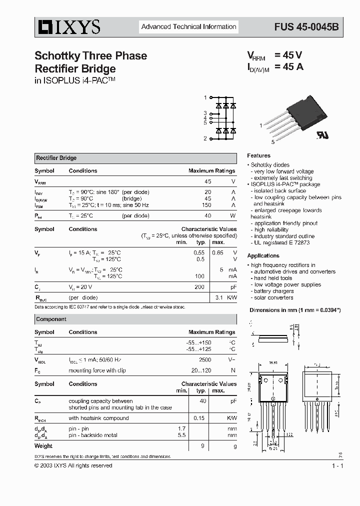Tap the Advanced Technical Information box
pyautogui.click(x=188, y=26)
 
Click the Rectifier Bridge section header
pyautogui.click(x=56, y=158)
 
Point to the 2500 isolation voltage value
pyautogui.click(x=205, y=359)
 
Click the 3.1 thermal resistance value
pyautogui.click(x=218, y=297)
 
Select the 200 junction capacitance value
pyautogui.click(x=199, y=287)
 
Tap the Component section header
pyautogui.click(x=51, y=319)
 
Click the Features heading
pyautogui.click(x=258, y=155)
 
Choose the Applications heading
pyautogui.click(x=263, y=255)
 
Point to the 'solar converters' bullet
pyautogui.click(x=273, y=297)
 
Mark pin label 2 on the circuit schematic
pyautogui.click(x=205, y=138)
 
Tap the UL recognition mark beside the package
pyautogui.click(x=321, y=136)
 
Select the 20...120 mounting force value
pyautogui.click(x=201, y=370)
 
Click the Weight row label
pyautogui.click(x=43, y=445)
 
